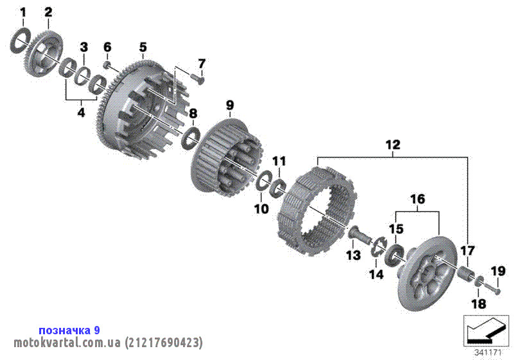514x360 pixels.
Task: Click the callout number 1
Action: pyautogui.click(x=23, y=12)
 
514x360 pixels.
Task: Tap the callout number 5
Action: pyautogui.click(x=143, y=47)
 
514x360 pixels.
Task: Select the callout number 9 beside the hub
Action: pyautogui.click(x=229, y=104)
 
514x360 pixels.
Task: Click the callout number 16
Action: pyautogui.click(x=418, y=200)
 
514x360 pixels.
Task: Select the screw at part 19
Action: pyautogui.click(x=493, y=288)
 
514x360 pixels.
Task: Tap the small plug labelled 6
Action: pyautogui.click(x=109, y=65)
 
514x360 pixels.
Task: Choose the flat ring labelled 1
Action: pyautogui.click(x=20, y=42)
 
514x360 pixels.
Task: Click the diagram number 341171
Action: pyautogui.click(x=488, y=352)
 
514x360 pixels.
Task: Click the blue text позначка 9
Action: pyautogui.click(x=69, y=330)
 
